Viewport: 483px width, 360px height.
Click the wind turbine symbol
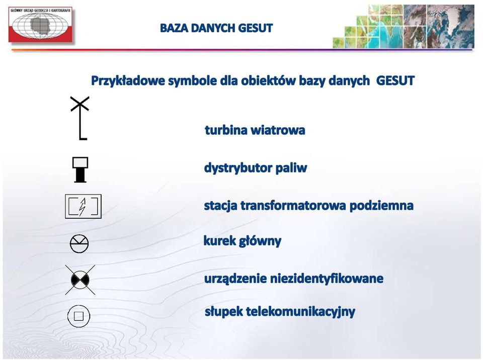tap(80, 123)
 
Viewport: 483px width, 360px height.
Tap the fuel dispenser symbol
tap(80, 169)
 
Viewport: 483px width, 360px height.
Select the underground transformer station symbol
tap(83, 206)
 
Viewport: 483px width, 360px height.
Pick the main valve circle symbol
tap(79, 244)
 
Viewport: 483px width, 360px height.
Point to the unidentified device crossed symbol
tap(80, 280)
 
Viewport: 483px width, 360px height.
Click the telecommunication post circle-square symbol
tap(78, 316)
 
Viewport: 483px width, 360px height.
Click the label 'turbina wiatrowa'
tap(255, 130)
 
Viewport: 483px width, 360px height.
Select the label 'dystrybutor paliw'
tap(256, 168)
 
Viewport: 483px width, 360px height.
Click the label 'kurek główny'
tap(242, 241)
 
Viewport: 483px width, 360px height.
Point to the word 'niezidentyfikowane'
tap(327, 279)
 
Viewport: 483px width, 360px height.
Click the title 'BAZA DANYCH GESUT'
tap(216, 28)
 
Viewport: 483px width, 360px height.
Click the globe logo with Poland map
tap(40, 25)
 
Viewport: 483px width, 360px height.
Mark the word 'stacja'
tap(220, 206)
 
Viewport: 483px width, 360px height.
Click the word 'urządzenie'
tap(235, 279)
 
